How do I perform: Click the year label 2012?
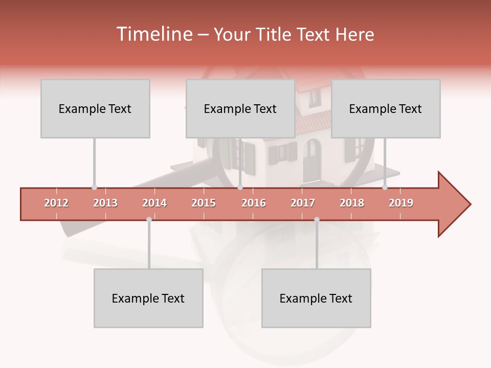coord(56,203)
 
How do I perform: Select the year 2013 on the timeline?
coord(105,203)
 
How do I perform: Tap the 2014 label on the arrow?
coord(154,203)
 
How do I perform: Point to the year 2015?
coord(204,203)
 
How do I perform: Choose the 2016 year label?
coord(254,203)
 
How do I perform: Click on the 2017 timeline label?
coord(303,203)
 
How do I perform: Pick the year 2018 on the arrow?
coord(352,203)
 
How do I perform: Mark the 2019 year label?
coord(401,203)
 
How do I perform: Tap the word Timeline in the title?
coord(153,34)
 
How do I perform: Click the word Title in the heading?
coord(274,34)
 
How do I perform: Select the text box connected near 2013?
coord(95,108)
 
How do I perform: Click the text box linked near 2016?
coord(240,108)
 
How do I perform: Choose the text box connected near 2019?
coord(386,108)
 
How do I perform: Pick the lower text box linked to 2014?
coord(148,298)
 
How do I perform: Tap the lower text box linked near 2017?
coord(316,298)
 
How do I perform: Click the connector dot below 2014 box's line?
coord(149,219)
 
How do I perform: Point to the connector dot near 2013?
coord(94,188)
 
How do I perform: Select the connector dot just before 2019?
coord(385,188)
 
